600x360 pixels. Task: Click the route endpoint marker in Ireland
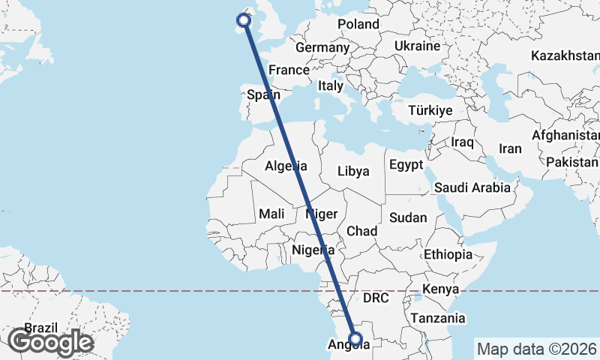click(243, 20)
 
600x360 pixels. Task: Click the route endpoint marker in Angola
click(356, 339)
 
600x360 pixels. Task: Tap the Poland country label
click(358, 24)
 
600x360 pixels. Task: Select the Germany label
click(322, 47)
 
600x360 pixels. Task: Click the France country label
click(289, 70)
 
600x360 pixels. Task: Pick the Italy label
click(331, 85)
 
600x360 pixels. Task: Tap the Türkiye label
click(430, 110)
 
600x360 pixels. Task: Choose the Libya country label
click(353, 170)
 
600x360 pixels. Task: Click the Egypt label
click(406, 164)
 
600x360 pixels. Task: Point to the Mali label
click(271, 214)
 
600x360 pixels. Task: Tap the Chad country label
click(361, 230)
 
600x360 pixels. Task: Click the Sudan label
click(408, 217)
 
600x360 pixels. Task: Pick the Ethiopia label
click(448, 254)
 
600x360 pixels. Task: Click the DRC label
click(376, 298)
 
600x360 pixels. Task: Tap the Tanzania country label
click(437, 318)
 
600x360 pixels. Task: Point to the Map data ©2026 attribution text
click(537, 349)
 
